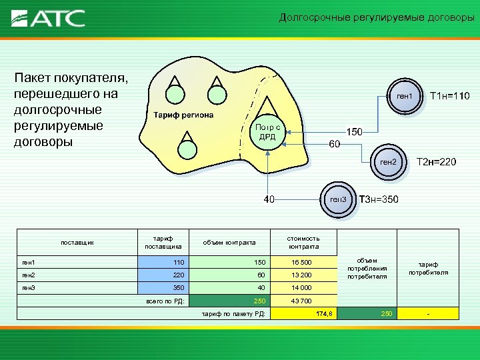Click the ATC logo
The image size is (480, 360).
click(x=49, y=18)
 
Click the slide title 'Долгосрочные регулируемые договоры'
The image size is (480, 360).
click(x=376, y=18)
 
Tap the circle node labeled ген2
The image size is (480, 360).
click(x=388, y=162)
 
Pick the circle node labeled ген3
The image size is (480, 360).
click(x=339, y=199)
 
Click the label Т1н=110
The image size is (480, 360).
click(x=450, y=97)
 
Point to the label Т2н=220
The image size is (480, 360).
click(x=437, y=161)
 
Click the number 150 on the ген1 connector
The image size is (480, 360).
click(x=353, y=132)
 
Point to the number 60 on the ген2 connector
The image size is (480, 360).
click(x=335, y=144)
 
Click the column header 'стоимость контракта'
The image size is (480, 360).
click(x=303, y=242)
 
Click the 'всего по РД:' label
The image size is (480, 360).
click(x=163, y=301)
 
